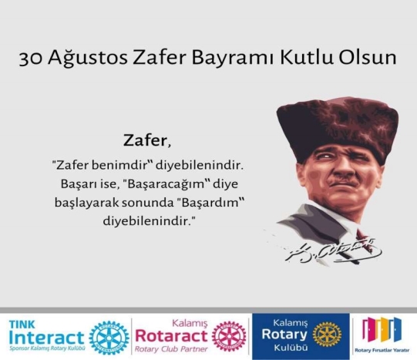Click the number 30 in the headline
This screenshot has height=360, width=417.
[x=31, y=59]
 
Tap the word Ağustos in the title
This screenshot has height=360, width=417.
[x=88, y=57]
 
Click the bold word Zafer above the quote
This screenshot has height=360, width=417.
[x=145, y=140]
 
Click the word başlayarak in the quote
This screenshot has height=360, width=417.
[x=86, y=204]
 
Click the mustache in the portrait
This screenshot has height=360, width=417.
[x=341, y=183]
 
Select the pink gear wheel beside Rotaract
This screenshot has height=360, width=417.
[x=229, y=337]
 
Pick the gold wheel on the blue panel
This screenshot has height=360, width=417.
[x=327, y=335]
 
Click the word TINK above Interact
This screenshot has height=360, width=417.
[x=22, y=325]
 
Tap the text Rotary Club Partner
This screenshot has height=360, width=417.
[x=171, y=349]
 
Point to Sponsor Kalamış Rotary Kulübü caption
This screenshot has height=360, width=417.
[x=47, y=348]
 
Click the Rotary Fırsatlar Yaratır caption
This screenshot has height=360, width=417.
[x=382, y=350]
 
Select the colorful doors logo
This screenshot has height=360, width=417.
[x=382, y=329]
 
